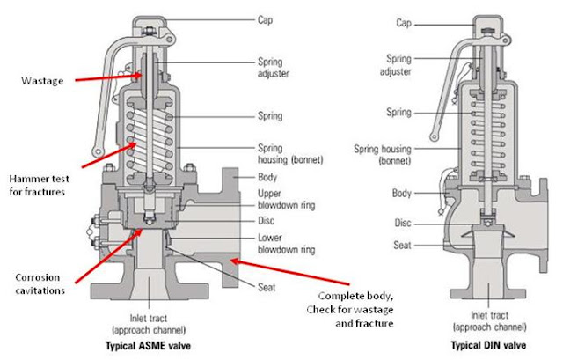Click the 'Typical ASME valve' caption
tap(148, 346)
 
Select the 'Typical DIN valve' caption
tap(488, 345)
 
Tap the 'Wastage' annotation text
tap(42, 81)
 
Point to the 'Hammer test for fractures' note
tap(39, 185)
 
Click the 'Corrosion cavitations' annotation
tap(40, 283)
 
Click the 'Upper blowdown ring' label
tap(286, 199)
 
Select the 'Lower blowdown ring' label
tap(286, 244)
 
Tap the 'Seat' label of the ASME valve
tap(267, 287)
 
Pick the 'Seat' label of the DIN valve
tap(402, 246)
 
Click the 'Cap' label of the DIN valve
tap(404, 23)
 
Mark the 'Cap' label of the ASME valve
tap(265, 19)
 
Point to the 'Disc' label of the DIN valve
tap(403, 223)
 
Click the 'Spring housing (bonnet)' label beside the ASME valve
tap(290, 154)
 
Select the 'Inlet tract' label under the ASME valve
tap(149, 319)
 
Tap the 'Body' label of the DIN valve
tap(401, 194)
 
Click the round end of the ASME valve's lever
tap(98, 152)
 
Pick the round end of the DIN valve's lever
tap(434, 137)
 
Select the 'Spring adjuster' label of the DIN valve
tap(396, 65)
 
